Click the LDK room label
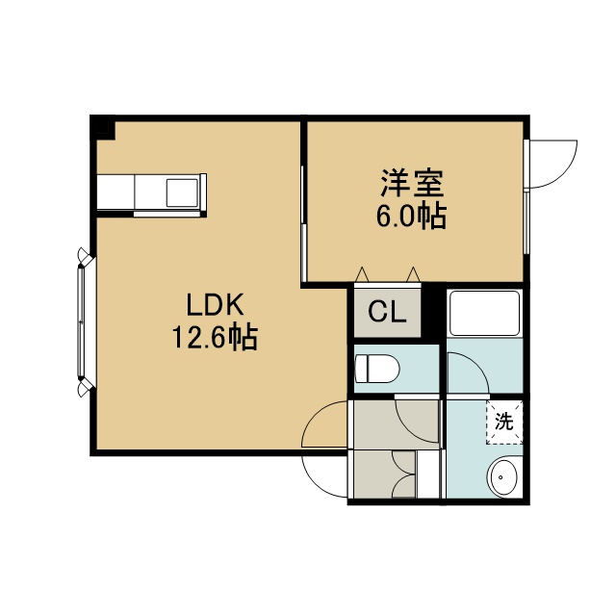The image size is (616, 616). point(215,305)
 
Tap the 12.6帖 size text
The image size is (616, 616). point(215,338)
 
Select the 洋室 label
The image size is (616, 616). point(412,183)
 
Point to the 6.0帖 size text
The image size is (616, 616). point(412,216)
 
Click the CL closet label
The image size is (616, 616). point(387,312)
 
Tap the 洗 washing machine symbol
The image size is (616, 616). point(504,423)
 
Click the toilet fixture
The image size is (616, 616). point(376,369)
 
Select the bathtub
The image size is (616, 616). point(484,313)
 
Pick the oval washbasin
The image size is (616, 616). point(502,477)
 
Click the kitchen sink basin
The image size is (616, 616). point(182,192)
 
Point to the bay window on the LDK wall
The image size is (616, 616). point(84,322)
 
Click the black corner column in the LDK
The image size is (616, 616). point(103,128)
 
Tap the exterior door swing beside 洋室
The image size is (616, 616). point(552,164)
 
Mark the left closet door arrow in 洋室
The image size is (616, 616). point(362,274)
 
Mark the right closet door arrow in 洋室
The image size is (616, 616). point(413,274)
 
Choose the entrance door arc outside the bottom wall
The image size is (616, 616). point(324,477)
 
